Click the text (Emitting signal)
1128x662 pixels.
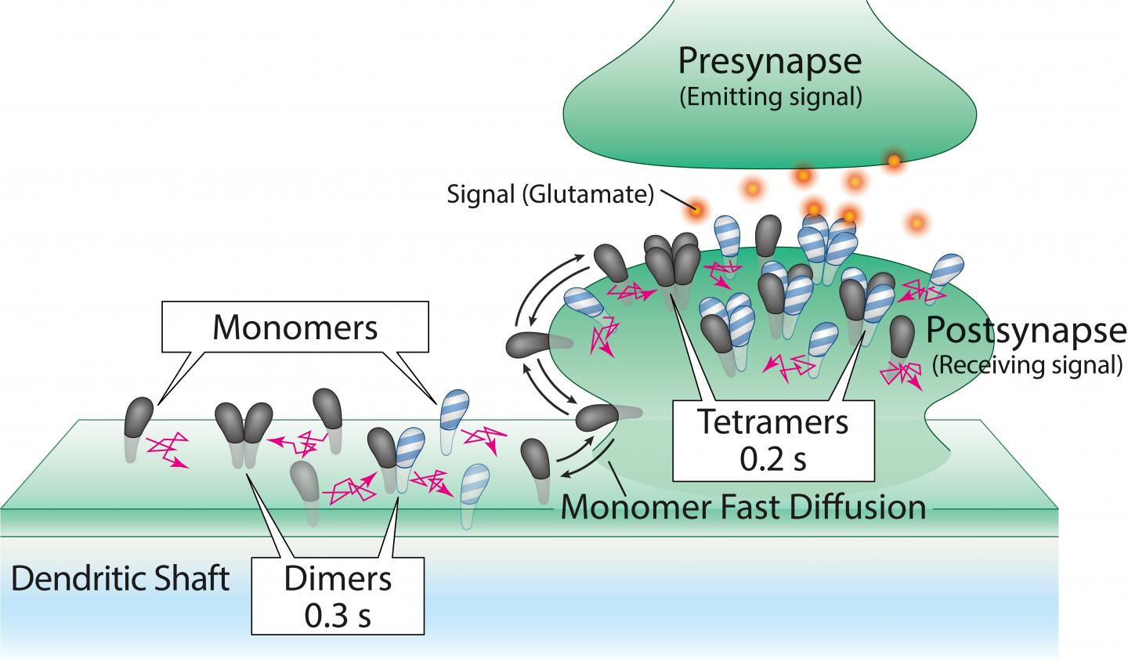click(771, 98)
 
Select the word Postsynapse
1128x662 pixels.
click(1025, 331)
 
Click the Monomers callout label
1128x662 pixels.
click(295, 328)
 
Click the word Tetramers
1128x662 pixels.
click(773, 422)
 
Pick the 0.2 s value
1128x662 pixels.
click(773, 458)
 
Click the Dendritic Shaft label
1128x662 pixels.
click(121, 580)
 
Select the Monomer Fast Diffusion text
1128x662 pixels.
click(743, 506)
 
